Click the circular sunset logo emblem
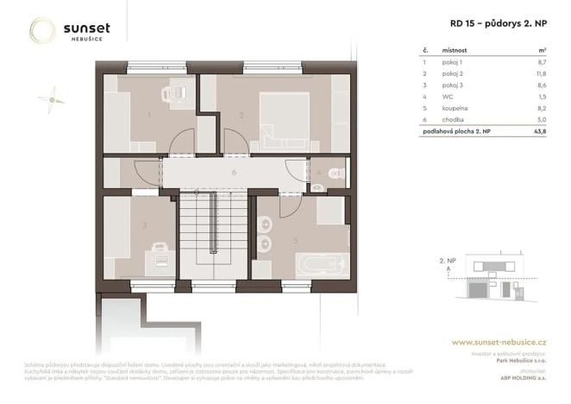click(42, 31)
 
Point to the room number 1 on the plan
click(149, 114)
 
